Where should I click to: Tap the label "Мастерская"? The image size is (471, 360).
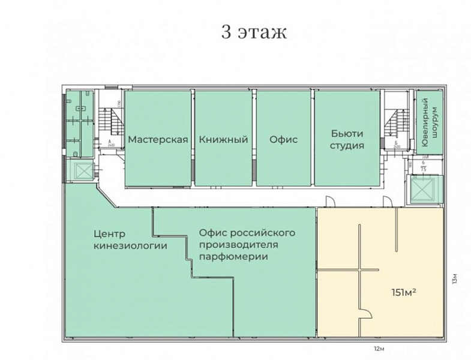(158, 140)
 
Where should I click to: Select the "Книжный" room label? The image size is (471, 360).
(224, 140)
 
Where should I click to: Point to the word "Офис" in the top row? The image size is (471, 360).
(283, 140)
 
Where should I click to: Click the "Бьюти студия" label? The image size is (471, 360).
(347, 140)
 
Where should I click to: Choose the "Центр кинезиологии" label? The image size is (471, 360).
(130, 239)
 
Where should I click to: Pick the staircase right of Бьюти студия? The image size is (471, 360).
(397, 126)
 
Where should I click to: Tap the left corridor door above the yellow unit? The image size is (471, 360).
(329, 202)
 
